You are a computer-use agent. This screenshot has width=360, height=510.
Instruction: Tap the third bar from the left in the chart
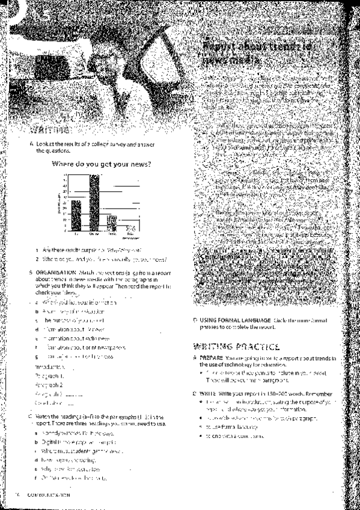[x=112, y=223]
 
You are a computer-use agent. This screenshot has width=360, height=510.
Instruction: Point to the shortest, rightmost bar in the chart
[x=129, y=229]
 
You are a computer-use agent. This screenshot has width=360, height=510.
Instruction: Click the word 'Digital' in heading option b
[x=49, y=441]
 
